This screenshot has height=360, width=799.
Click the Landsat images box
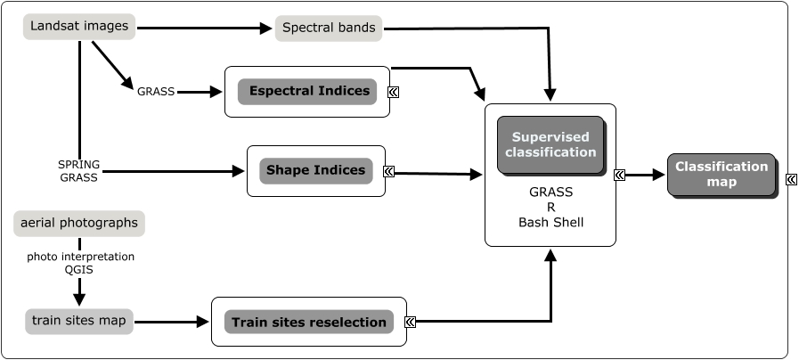click(x=79, y=26)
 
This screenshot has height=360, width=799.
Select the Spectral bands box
click(x=329, y=28)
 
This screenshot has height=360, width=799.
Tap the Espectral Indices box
click(x=307, y=91)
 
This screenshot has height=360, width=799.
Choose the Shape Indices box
click(x=316, y=170)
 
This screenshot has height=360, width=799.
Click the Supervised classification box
click(x=550, y=144)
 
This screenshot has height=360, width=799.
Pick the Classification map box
click(x=721, y=174)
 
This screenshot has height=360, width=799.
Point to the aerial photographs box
click(x=79, y=223)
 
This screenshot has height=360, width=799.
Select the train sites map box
click(x=79, y=321)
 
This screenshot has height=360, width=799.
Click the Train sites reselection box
click(x=308, y=322)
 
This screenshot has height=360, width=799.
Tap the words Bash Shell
click(x=550, y=222)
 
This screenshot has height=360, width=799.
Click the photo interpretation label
click(x=80, y=257)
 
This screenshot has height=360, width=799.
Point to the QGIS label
click(x=80, y=270)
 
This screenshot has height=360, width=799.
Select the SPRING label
click(x=78, y=165)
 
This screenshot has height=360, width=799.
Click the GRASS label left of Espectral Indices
click(x=156, y=91)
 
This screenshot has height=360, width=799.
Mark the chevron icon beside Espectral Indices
click(x=393, y=91)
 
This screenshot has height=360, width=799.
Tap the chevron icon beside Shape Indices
click(x=388, y=171)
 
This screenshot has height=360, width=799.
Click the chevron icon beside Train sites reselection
click(x=410, y=322)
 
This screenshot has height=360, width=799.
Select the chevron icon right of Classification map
click(x=791, y=179)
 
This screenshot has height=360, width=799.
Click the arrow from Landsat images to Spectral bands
click(x=205, y=28)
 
